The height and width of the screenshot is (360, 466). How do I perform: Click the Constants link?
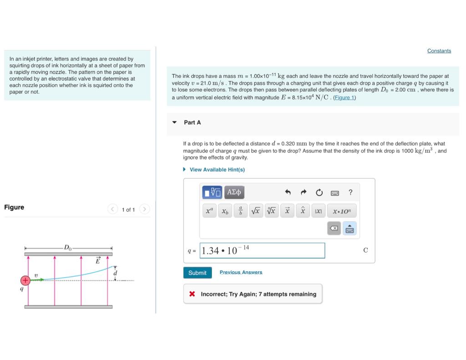tap(439, 51)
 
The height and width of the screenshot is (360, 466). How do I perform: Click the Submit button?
tap(198, 273)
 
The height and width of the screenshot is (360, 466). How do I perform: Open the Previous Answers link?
tap(241, 272)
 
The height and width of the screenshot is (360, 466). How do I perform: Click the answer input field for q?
tap(262, 250)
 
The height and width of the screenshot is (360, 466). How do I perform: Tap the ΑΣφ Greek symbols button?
tap(234, 193)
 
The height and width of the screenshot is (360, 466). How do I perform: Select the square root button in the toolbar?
tap(256, 211)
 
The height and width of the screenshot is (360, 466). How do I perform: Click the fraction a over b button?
tap(240, 211)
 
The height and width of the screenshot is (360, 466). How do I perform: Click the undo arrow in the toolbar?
tap(288, 193)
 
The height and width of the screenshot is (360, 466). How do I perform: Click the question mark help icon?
tap(350, 193)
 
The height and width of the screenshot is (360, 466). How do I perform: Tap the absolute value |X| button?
tap(318, 211)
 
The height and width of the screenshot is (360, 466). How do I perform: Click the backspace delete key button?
tap(334, 228)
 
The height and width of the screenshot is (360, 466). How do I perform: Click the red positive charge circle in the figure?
tap(25, 280)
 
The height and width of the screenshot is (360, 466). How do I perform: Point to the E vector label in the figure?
tap(97, 261)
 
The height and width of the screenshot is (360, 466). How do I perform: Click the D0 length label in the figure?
tap(68, 248)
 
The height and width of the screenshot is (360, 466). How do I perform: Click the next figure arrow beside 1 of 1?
tap(144, 209)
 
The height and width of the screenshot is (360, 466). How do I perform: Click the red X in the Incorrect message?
tap(192, 294)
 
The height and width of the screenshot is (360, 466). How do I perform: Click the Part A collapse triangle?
tap(174, 122)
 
